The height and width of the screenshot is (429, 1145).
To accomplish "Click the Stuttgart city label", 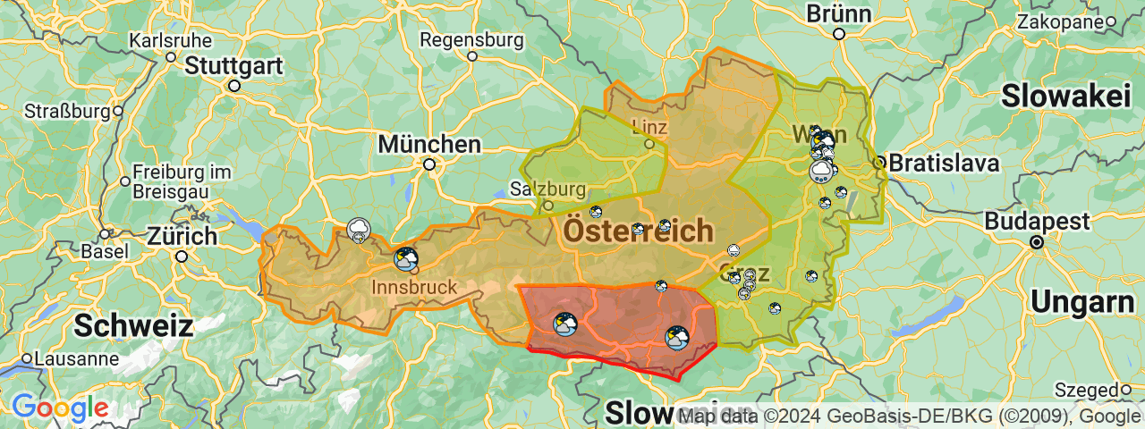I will (233, 66).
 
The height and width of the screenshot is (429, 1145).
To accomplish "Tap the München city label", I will (429, 144).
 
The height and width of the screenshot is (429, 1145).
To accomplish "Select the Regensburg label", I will (471, 40).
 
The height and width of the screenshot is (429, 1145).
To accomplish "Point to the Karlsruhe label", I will (171, 40).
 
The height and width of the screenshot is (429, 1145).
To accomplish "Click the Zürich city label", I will (182, 237).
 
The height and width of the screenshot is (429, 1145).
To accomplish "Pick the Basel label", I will (104, 251).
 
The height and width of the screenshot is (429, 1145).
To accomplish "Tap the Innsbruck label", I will (414, 287).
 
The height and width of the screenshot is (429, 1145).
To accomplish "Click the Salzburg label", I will (547, 189).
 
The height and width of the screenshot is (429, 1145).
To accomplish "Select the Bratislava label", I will (943, 164).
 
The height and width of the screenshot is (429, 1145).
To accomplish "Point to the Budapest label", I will (1037, 222).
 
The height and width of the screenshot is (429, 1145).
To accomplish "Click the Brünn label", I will (838, 14).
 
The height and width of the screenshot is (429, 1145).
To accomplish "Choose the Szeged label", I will (1086, 390).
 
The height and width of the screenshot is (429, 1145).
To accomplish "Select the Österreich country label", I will (638, 231).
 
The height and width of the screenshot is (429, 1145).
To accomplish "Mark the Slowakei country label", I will (1066, 97).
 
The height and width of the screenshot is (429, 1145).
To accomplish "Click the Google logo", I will (60, 408).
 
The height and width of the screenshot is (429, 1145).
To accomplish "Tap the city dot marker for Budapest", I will (1037, 241).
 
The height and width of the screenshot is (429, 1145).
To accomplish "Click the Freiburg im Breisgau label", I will (182, 181).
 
